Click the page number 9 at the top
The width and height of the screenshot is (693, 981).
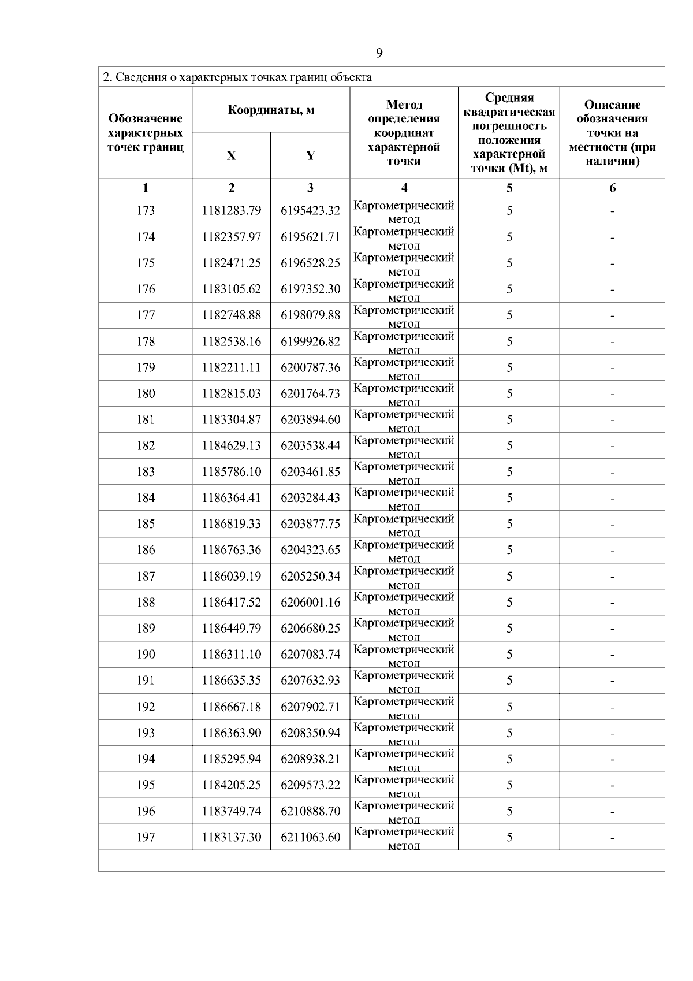pos(379,54)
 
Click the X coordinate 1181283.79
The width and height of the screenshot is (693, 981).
pos(231,211)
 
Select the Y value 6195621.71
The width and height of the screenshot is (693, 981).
pos(310,237)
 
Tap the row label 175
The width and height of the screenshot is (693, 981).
pos(146,263)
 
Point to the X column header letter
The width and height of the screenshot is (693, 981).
pos(231,156)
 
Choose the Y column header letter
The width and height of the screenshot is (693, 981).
pos(310,156)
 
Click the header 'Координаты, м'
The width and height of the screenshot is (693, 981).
pos(271,110)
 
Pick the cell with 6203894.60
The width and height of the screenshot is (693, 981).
pos(310,420)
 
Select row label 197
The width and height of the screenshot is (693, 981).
pos(146,837)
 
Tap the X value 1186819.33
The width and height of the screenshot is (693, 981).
pos(231,524)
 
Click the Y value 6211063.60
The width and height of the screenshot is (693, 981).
pos(310,837)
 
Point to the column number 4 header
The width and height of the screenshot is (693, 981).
pos(404,188)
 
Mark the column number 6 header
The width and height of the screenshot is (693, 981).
pos(612,188)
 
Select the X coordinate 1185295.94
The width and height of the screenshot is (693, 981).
pos(231,759)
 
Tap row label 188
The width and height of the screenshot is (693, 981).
pos(146,603)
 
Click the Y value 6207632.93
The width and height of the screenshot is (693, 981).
pos(310,681)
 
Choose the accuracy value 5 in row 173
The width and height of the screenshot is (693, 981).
pos(509,211)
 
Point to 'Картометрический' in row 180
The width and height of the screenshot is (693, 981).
pos(404,388)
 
